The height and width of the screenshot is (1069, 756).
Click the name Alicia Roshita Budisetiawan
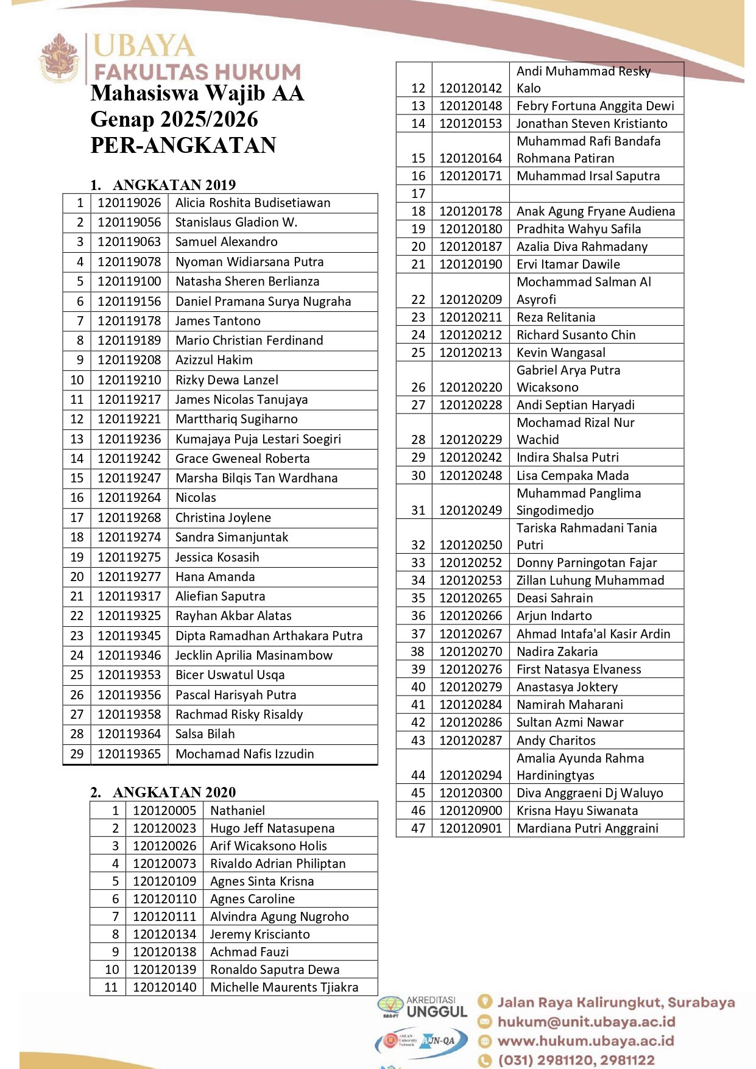click(253, 203)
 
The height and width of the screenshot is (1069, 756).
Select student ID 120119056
click(129, 222)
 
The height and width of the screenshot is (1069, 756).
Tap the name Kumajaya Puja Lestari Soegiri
click(258, 439)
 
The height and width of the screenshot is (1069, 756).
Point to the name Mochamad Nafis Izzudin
click(244, 754)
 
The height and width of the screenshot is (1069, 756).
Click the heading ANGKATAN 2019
click(174, 185)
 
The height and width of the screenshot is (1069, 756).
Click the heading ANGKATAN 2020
click(174, 792)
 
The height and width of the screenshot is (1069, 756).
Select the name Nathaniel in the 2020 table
click(238, 811)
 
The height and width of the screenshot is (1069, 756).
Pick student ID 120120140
click(164, 987)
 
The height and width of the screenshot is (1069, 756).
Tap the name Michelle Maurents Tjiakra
click(284, 987)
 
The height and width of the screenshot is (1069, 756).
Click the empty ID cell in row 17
click(470, 194)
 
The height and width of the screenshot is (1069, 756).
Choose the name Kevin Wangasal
click(560, 353)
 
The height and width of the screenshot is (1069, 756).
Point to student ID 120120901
click(470, 828)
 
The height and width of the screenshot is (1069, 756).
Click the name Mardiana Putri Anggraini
click(587, 828)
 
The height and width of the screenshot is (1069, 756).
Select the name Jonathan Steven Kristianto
click(592, 124)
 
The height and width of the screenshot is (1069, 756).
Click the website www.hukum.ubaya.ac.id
click(585, 1041)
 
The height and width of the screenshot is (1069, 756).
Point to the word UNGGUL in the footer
click(436, 1012)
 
